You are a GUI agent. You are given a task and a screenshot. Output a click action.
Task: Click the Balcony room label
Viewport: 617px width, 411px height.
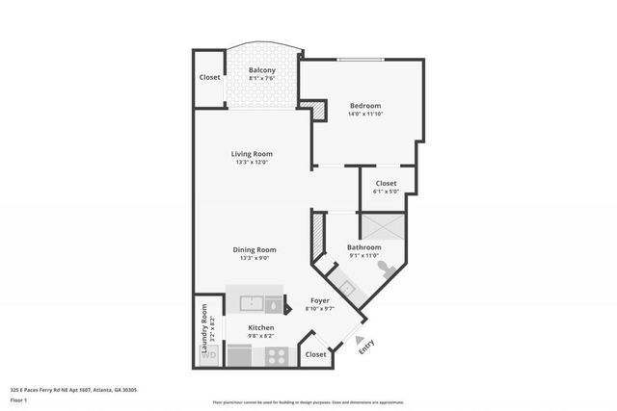tap(262, 70)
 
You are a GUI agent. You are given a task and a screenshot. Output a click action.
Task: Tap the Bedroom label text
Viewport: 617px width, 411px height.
tap(365, 106)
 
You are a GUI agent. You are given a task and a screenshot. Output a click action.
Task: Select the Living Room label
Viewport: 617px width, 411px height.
tap(252, 154)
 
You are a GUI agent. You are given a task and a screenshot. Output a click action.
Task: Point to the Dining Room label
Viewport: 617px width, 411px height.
tap(255, 249)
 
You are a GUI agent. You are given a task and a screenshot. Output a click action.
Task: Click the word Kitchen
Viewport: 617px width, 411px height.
tap(261, 328)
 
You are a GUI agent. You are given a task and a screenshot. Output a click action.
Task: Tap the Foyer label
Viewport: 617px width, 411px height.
tap(319, 300)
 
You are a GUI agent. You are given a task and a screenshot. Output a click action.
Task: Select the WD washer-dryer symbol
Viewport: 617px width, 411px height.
tap(208, 355)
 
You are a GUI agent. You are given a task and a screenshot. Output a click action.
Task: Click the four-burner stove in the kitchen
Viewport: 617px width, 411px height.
tap(277, 354)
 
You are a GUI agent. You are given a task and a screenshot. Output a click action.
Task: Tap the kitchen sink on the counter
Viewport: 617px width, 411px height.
tap(253, 303)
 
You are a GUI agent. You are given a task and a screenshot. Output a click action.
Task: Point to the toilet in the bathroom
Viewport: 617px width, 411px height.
tap(384, 269)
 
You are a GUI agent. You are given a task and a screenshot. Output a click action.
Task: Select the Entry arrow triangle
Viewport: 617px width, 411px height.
tap(359, 340)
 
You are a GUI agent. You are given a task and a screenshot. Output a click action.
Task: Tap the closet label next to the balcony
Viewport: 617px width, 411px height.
tap(209, 77)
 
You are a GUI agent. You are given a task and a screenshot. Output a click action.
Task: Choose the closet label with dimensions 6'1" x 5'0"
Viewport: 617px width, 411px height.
tap(386, 183)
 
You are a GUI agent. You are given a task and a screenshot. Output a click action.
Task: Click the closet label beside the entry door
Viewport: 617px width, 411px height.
tap(315, 354)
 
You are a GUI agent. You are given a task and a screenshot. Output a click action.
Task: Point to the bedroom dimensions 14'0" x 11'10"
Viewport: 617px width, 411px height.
tap(365, 115)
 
